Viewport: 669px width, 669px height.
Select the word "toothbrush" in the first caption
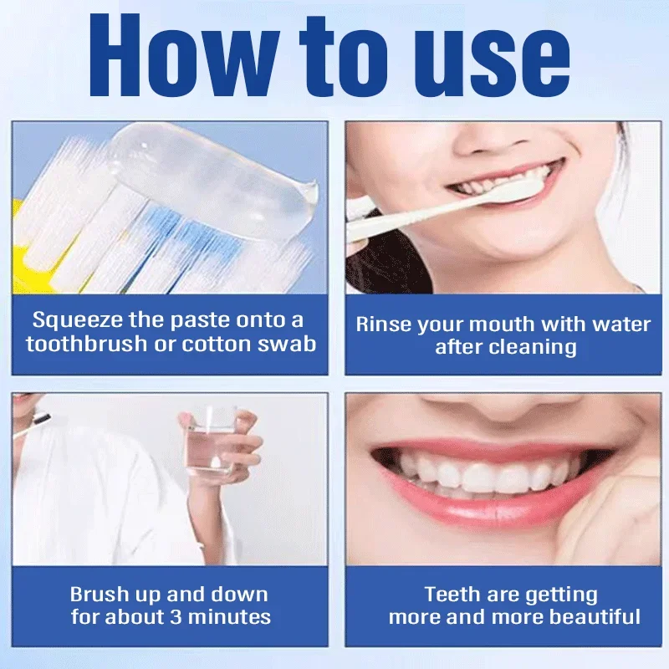point(80,344)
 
